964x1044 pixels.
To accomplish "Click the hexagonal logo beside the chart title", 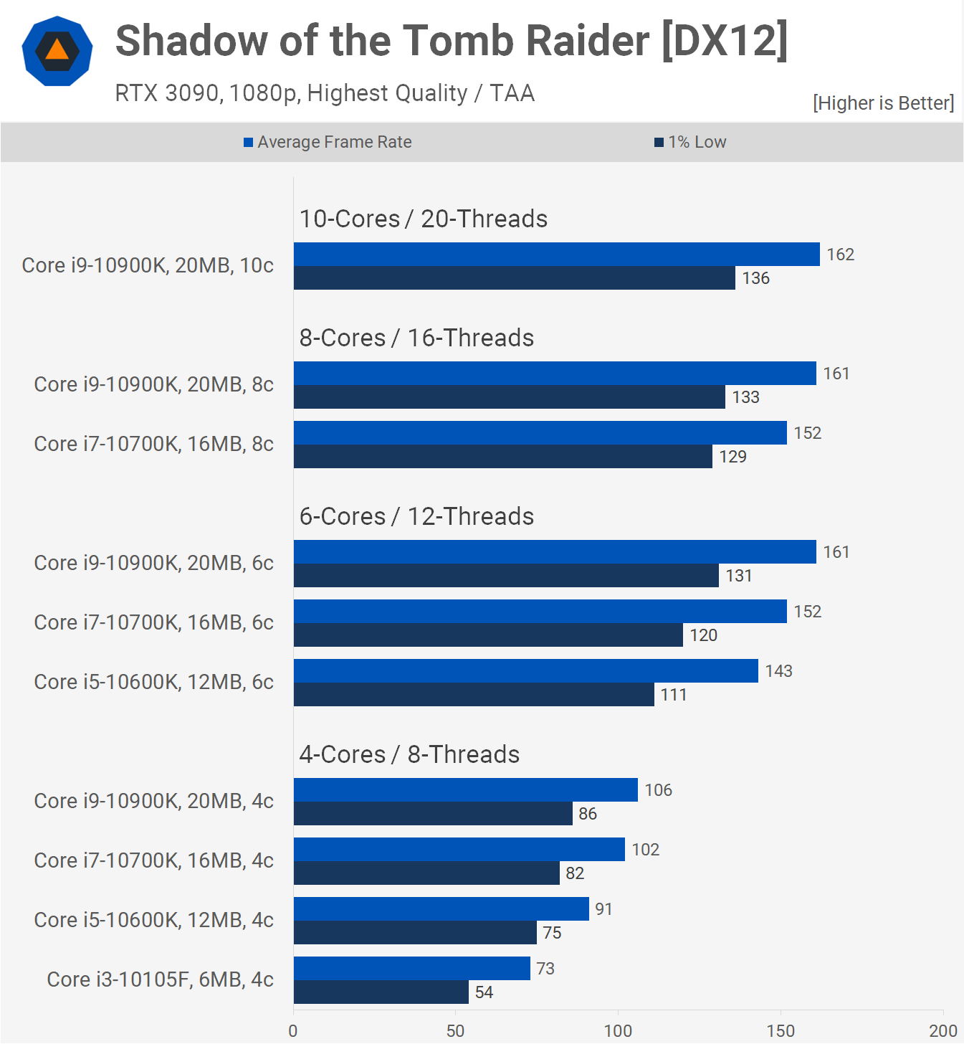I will (57, 51).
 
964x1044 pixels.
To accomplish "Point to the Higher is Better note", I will (883, 103).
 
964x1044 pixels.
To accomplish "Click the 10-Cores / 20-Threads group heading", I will (423, 219).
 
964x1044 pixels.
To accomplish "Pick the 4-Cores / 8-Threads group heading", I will (409, 754).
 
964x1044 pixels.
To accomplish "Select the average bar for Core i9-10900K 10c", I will (556, 255).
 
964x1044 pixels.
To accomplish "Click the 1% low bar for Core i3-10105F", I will (381, 992).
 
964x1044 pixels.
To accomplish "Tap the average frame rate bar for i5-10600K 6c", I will (525, 671).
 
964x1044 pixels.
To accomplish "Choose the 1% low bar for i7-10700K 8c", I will (502, 457).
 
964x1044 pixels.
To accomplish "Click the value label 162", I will (840, 255).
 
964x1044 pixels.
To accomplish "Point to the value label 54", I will (484, 992).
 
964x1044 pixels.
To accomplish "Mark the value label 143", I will (778, 671).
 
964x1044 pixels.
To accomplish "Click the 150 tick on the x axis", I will (781, 1031).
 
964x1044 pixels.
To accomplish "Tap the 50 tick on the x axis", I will (455, 1031).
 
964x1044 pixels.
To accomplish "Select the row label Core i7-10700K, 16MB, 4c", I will (153, 860).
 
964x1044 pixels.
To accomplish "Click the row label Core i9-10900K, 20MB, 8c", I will (153, 384).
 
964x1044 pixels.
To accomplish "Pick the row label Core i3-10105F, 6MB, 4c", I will (160, 979).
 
